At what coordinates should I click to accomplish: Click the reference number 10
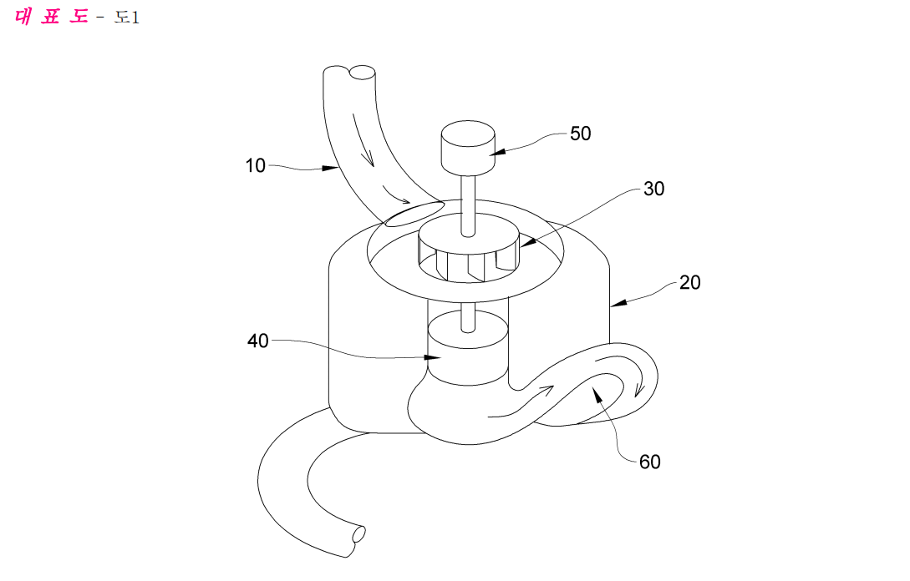tap(256, 166)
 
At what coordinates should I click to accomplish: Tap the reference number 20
tap(689, 282)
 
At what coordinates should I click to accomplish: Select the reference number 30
tap(653, 189)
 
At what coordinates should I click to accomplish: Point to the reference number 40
tap(257, 341)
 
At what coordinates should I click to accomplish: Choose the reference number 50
tap(581, 134)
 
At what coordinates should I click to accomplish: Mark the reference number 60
tap(650, 462)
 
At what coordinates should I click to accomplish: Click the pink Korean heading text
tap(50, 16)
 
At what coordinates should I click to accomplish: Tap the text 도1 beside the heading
tap(126, 18)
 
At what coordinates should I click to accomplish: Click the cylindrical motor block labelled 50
tap(468, 147)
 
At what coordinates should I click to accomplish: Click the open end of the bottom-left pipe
tap(358, 533)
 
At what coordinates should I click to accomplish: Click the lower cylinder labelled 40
tap(468, 348)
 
